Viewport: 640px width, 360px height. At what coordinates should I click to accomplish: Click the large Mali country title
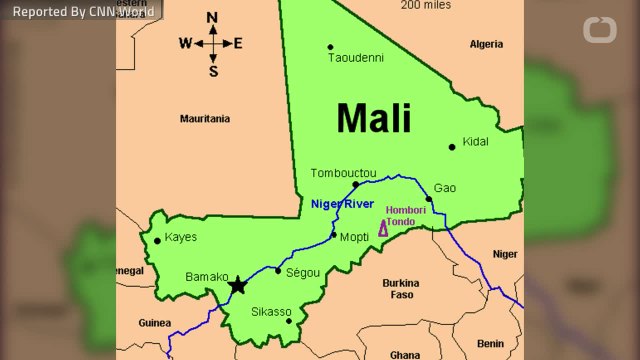click(373, 118)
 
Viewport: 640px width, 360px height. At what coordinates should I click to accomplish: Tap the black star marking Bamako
click(237, 286)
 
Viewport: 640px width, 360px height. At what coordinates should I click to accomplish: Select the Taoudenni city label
click(356, 58)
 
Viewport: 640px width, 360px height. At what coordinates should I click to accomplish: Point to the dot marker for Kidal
click(452, 147)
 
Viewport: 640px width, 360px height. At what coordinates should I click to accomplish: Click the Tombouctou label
click(344, 173)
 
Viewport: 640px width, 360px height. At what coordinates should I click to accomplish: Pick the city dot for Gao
click(429, 198)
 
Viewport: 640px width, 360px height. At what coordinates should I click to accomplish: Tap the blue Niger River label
click(343, 203)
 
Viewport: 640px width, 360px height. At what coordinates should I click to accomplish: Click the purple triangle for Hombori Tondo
click(383, 229)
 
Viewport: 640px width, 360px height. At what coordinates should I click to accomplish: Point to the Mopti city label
click(355, 237)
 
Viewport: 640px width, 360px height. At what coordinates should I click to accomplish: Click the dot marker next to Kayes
click(157, 240)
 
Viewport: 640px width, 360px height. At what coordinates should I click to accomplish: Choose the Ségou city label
click(303, 272)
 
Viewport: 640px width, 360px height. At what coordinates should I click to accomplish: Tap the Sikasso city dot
click(288, 321)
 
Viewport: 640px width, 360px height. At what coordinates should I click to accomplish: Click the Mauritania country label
click(204, 118)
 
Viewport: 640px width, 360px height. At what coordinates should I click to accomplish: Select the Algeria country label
click(487, 44)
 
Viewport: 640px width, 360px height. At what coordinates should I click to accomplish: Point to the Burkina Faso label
click(400, 289)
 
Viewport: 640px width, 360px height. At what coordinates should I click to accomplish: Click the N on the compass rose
click(212, 18)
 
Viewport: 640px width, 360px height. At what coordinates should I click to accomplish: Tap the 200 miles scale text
click(425, 5)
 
